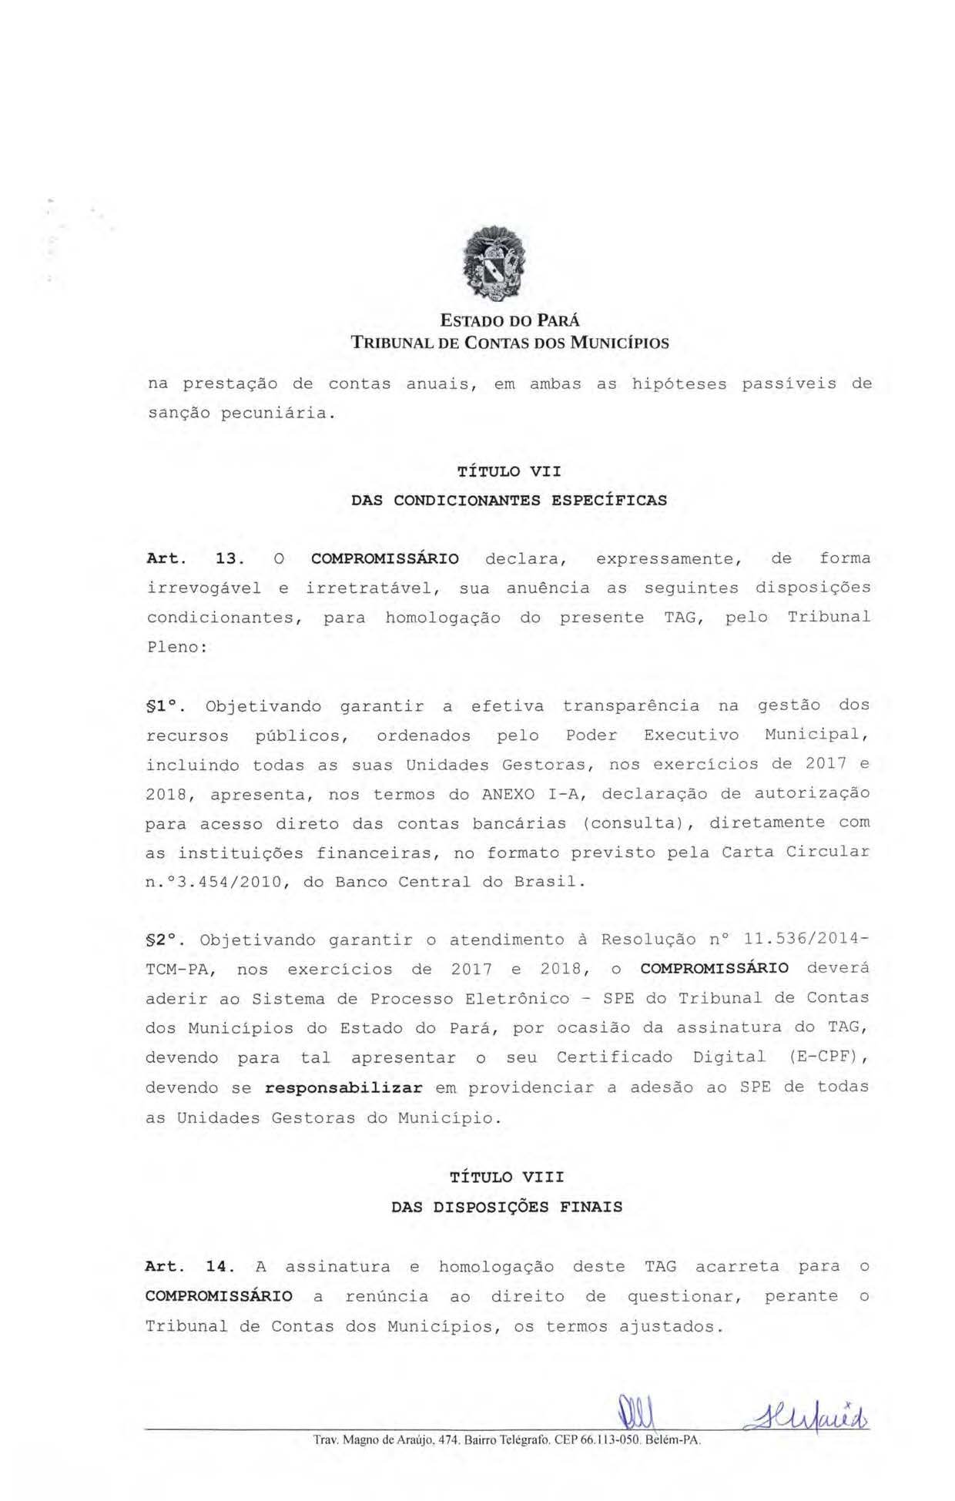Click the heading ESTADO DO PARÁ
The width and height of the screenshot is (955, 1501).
[509, 320]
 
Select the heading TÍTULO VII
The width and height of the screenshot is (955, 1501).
[509, 471]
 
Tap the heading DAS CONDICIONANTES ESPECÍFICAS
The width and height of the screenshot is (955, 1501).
[509, 501]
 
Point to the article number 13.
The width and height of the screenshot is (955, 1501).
[230, 559]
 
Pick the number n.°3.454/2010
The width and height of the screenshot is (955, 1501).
[213, 883]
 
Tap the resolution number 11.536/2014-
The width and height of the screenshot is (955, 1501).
[807, 940]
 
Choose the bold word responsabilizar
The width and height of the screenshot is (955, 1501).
[343, 1088]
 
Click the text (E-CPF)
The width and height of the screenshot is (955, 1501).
[828, 1057]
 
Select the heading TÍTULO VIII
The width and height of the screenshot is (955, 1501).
[507, 1178]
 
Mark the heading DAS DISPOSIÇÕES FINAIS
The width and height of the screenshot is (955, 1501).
[507, 1208]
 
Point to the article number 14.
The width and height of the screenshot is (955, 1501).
[219, 1267]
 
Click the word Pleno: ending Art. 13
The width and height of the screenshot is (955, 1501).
[176, 647]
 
